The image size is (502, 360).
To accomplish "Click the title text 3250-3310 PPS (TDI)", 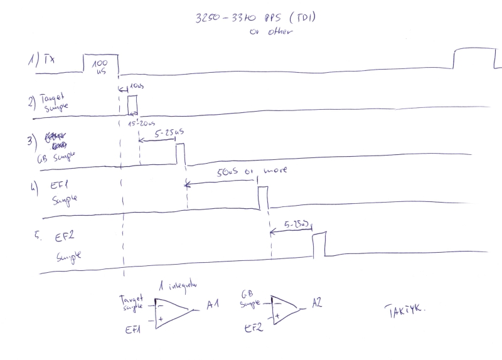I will [x=255, y=19].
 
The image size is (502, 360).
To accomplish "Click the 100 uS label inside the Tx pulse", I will [x=100, y=67].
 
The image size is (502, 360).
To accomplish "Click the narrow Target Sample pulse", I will [x=132, y=105].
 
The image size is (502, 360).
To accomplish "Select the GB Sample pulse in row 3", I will [x=181, y=154].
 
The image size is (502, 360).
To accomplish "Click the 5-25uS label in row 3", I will [x=169, y=133].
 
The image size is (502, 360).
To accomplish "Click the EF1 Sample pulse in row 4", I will [x=263, y=198].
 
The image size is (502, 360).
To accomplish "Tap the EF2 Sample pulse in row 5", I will [x=319, y=244].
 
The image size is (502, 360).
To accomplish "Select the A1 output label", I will [x=212, y=305].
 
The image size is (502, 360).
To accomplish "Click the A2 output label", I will [x=318, y=303].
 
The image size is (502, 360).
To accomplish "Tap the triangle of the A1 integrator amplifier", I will [x=169, y=312].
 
